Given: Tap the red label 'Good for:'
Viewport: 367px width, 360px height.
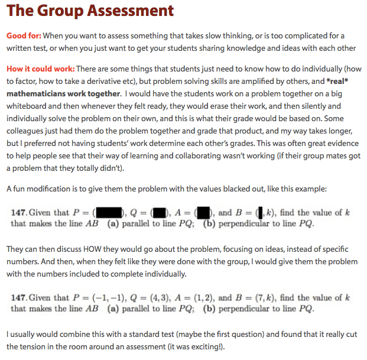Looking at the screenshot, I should [24, 36].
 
